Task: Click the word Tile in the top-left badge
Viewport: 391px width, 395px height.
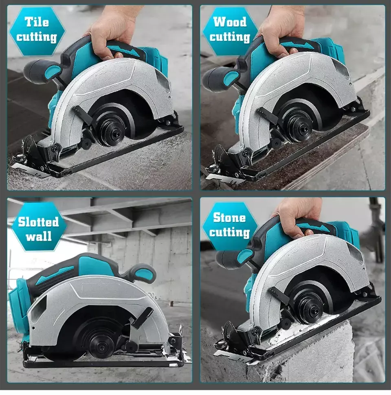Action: pos(37,22)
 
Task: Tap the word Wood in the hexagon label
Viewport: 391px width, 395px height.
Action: pos(230,22)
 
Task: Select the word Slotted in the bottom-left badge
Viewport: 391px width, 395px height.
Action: pos(38,222)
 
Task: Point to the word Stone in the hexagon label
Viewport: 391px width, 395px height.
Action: pos(229,217)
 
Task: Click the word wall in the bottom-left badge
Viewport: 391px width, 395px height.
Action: pos(39,237)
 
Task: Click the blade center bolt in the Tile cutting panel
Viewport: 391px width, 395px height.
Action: pos(111,131)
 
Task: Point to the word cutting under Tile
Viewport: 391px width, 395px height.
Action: pos(37,37)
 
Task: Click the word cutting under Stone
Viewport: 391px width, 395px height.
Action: pos(229,232)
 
